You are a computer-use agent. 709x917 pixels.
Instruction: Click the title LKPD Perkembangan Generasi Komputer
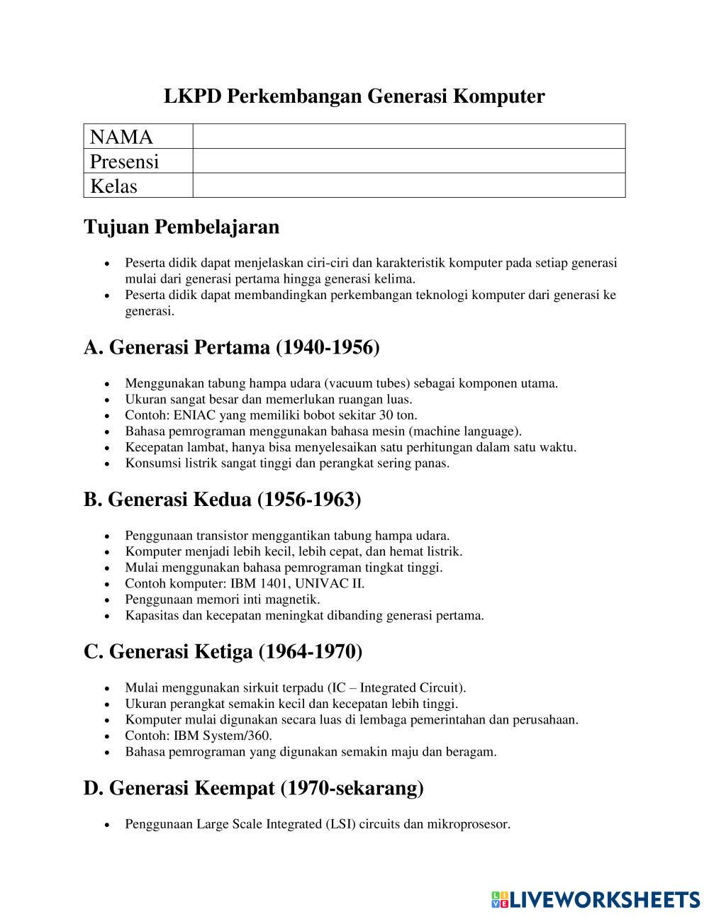(x=354, y=96)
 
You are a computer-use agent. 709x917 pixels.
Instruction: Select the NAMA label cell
(x=138, y=137)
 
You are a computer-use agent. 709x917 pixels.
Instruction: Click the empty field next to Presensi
(x=408, y=161)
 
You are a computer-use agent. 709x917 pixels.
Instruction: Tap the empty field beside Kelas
(x=408, y=186)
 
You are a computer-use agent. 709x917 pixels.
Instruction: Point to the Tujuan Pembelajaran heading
(x=182, y=227)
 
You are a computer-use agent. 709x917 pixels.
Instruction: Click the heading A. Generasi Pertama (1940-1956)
(x=232, y=347)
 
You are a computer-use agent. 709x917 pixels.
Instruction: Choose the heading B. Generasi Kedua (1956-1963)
(x=222, y=500)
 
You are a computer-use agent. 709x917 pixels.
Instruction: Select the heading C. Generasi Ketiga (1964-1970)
(x=223, y=651)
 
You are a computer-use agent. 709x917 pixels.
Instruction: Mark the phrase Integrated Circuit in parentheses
(x=411, y=687)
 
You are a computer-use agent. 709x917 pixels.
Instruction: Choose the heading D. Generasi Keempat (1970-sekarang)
(x=254, y=787)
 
